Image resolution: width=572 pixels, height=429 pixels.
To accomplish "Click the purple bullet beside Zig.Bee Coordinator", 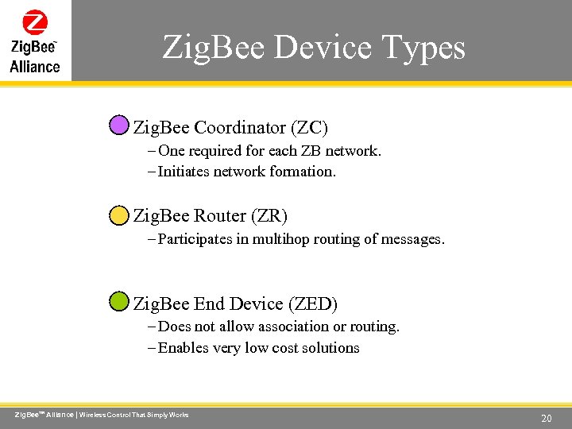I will (x=118, y=126).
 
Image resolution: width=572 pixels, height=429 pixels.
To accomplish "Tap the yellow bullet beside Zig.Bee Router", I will (x=118, y=214).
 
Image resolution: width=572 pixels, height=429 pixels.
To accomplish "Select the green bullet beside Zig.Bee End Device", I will (x=118, y=302).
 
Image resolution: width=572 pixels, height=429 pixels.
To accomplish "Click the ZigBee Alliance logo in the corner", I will (x=35, y=41).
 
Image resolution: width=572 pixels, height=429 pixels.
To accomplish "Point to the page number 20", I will (x=546, y=418).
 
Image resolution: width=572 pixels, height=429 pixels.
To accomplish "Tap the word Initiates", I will (x=184, y=172).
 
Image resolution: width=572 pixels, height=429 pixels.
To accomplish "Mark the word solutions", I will (x=329, y=348).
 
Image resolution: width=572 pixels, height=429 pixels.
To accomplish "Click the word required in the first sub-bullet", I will (x=216, y=151).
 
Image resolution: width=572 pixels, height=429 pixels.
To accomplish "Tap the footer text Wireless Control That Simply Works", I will (x=133, y=415).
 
